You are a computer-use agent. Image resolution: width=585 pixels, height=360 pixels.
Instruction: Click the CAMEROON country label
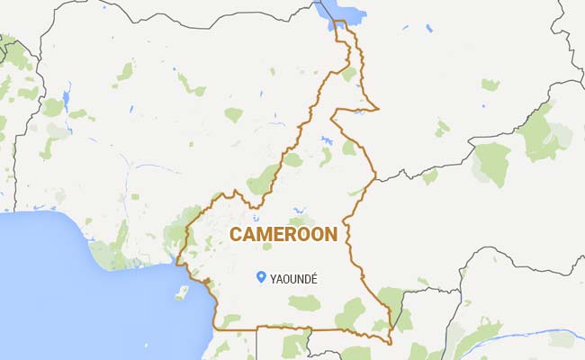(x=283, y=235)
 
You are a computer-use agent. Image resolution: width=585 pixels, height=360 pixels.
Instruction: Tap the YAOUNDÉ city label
(x=295, y=279)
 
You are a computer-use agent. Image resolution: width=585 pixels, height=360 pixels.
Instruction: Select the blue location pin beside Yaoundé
(x=261, y=277)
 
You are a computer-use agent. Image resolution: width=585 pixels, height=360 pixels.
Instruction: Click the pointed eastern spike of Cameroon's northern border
(x=378, y=110)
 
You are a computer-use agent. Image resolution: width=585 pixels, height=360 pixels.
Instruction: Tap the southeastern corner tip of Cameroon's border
(x=391, y=343)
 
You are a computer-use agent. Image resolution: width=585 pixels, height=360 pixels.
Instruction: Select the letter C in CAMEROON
(x=236, y=235)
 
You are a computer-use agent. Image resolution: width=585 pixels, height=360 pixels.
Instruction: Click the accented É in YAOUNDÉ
(x=316, y=279)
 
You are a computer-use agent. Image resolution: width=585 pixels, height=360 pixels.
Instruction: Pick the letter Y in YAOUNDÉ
(x=274, y=279)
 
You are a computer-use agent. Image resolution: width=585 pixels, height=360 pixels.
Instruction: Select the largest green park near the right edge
(x=492, y=162)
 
